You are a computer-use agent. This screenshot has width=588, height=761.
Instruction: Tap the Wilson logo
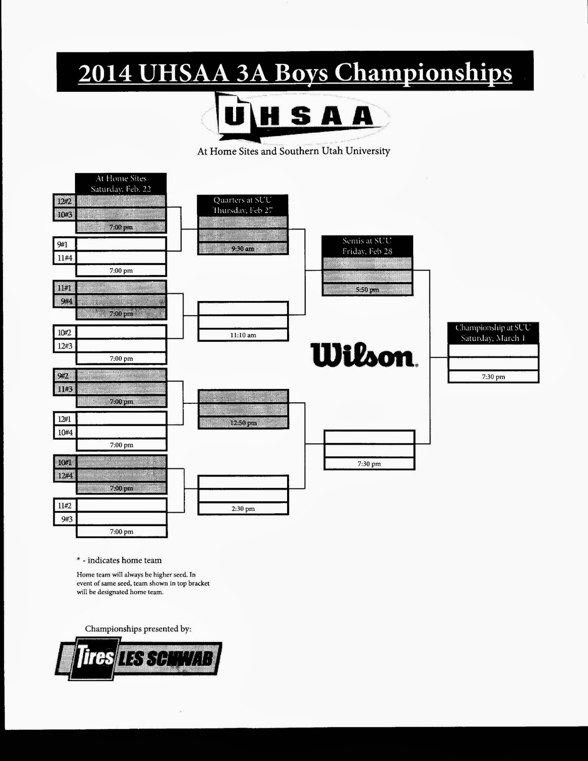click(x=364, y=355)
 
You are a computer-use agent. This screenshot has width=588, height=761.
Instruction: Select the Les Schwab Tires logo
click(x=138, y=659)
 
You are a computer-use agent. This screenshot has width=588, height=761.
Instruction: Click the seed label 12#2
click(x=64, y=201)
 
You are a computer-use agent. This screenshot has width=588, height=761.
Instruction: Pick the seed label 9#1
click(x=63, y=244)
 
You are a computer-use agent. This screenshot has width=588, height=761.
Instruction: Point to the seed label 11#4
click(x=64, y=258)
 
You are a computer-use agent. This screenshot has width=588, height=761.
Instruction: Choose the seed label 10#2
click(x=64, y=332)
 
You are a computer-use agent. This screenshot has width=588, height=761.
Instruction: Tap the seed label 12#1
click(x=64, y=419)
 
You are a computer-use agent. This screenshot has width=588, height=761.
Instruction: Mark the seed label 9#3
click(x=65, y=519)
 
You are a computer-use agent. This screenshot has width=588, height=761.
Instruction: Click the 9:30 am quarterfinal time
click(x=242, y=249)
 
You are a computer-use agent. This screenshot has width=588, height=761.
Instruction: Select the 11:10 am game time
click(x=243, y=335)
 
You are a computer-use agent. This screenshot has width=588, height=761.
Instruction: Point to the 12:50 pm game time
click(x=242, y=423)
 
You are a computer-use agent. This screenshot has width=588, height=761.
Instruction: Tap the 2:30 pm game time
click(x=243, y=509)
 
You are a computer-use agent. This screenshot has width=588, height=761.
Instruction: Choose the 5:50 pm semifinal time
click(x=367, y=290)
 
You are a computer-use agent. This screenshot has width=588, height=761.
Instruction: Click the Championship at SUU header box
click(x=493, y=333)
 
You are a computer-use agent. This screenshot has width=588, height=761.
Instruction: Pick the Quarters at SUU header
click(x=242, y=205)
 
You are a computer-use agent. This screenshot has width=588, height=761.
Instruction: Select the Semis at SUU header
click(x=367, y=246)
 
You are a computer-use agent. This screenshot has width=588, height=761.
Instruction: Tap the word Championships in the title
click(x=423, y=74)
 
